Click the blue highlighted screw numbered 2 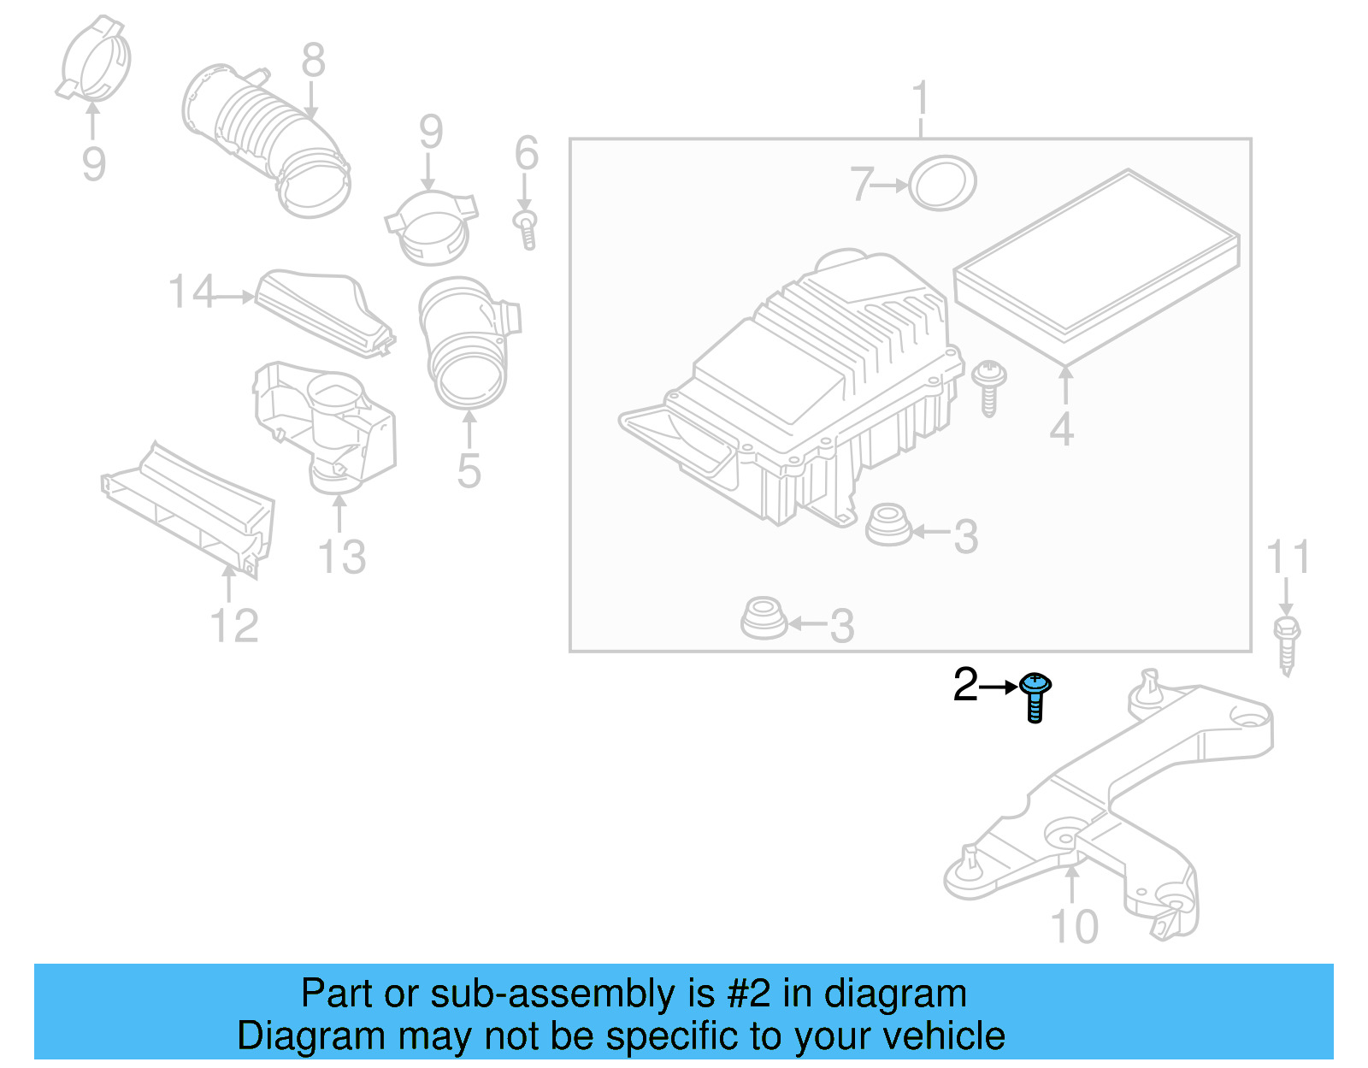coord(1035,695)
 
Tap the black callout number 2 coord(965,685)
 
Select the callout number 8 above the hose coord(313,61)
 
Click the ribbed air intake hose coord(265,137)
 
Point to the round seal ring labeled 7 coord(941,183)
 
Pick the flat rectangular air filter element coord(1097,264)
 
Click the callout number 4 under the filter coord(1061,429)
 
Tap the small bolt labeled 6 coord(527,227)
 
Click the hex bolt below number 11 coord(1286,643)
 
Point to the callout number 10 coord(1074,927)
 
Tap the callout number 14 coord(192,292)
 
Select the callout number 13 coord(341,557)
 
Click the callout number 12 coord(233,626)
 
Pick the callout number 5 coord(469,471)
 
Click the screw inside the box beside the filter coord(989,386)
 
